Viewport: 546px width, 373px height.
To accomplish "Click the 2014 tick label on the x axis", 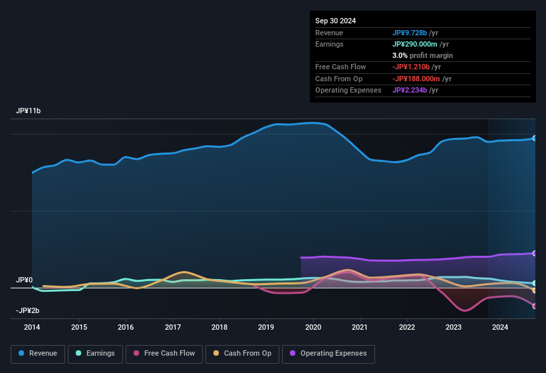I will pyautogui.click(x=32, y=327).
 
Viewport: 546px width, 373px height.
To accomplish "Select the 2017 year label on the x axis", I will pyautogui.click(x=173, y=327).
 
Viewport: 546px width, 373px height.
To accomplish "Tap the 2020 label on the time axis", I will pyautogui.click(x=313, y=327).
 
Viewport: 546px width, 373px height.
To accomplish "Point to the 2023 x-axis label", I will pyautogui.click(x=454, y=327).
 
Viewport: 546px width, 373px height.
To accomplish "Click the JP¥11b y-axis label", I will pyautogui.click(x=29, y=111).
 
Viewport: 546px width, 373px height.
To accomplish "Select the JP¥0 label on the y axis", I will pyautogui.click(x=25, y=280).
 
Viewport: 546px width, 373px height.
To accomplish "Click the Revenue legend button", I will pyautogui.click(x=38, y=354).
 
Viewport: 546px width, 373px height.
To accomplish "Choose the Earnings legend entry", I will pyautogui.click(x=94, y=354).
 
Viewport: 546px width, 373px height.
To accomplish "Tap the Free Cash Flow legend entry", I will pyautogui.click(x=164, y=354).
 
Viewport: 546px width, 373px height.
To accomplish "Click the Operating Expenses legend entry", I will pyautogui.click(x=329, y=354).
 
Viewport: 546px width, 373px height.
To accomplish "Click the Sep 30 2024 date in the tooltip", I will pyautogui.click(x=335, y=21).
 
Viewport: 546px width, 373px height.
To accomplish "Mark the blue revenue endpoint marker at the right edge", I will pyautogui.click(x=535, y=138).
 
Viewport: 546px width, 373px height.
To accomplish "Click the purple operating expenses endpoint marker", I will pyautogui.click(x=535, y=253).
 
